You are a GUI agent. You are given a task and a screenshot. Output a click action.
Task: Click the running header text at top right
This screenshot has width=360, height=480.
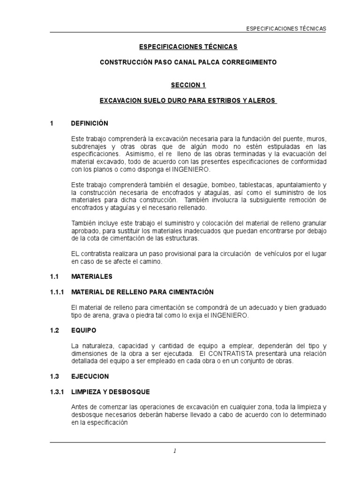(x=286, y=29)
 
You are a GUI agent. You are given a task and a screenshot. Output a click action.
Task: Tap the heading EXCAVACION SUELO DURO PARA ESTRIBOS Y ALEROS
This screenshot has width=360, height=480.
(x=188, y=101)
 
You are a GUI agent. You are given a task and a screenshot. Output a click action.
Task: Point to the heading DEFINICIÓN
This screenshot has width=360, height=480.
(x=90, y=123)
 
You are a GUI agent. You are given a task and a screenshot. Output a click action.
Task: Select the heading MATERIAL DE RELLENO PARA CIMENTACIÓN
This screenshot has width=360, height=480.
(x=142, y=292)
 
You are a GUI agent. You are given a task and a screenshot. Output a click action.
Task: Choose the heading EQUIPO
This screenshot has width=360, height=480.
(x=83, y=330)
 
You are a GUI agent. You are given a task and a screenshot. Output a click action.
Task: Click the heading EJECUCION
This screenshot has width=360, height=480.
(x=90, y=376)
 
